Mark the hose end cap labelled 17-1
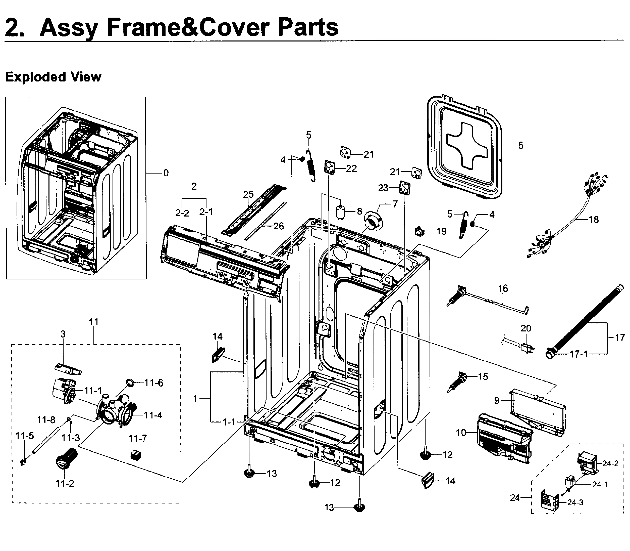point(550,354)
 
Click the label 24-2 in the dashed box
point(610,463)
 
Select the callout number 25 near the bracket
point(248,194)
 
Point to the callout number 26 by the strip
point(278,226)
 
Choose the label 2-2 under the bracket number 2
point(182,213)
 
